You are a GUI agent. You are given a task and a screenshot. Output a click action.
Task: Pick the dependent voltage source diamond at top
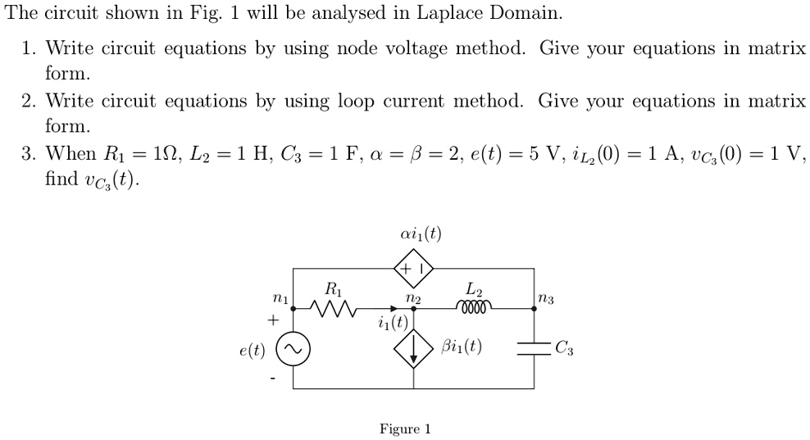[x=414, y=268]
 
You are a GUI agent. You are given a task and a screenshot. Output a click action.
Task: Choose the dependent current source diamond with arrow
[x=414, y=348]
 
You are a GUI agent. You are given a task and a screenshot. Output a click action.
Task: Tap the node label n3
[x=546, y=300]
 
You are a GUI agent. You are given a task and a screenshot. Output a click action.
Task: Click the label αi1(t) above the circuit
[x=421, y=235]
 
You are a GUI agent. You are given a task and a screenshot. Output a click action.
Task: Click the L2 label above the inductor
[x=475, y=289]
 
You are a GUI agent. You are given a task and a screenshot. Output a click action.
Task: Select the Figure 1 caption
[x=405, y=429]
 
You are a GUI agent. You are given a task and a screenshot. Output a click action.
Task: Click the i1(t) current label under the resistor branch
[x=394, y=322]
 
